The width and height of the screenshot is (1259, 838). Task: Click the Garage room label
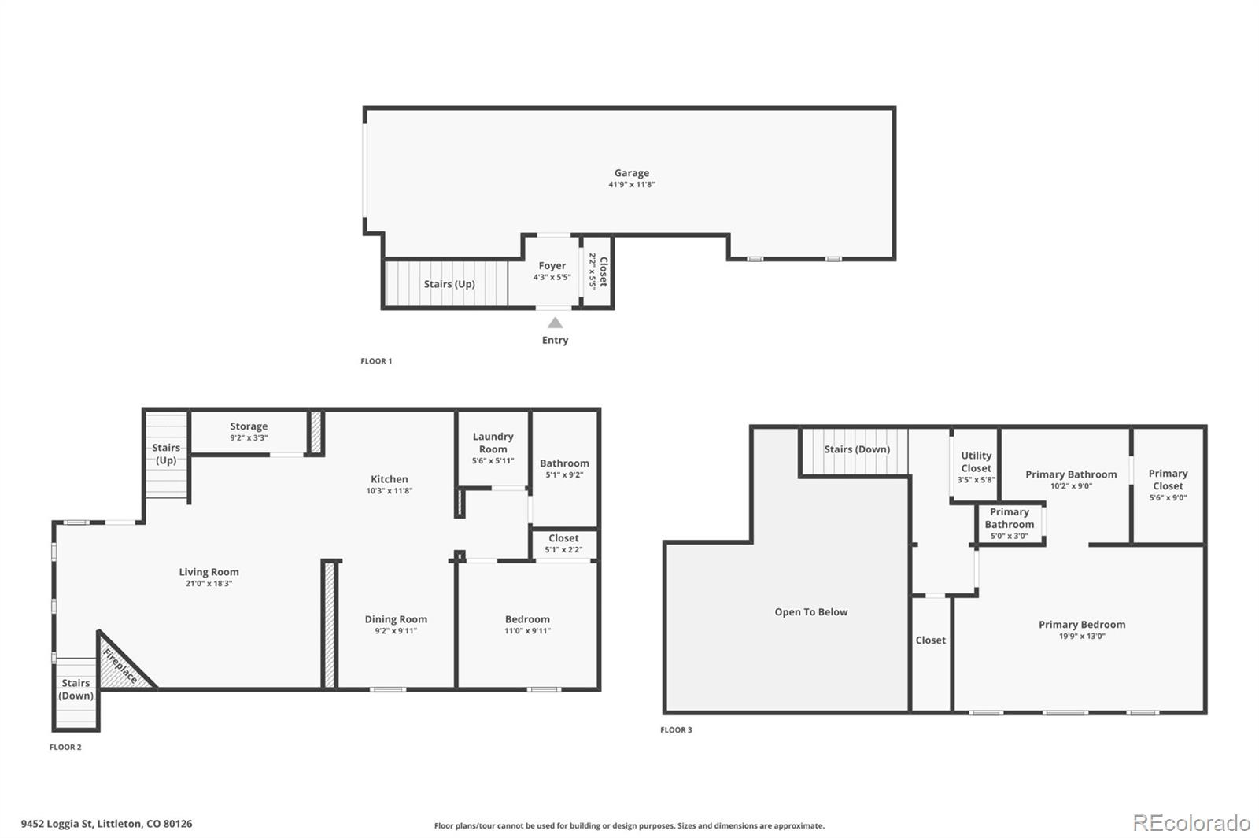coord(632,173)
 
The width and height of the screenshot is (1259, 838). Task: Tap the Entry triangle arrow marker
coord(555,323)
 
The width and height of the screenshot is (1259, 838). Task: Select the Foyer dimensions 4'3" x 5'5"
coord(552,278)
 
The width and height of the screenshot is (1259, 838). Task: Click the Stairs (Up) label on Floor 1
coord(449,284)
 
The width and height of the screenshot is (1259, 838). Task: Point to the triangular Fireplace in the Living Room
coord(120,667)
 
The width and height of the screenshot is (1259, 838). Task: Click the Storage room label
coord(249,426)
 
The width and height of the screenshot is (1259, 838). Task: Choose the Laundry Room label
coord(493,442)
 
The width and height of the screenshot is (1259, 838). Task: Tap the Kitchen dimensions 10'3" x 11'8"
coord(389,491)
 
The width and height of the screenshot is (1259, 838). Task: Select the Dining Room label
coord(396,619)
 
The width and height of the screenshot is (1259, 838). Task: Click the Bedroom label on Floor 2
coord(527,619)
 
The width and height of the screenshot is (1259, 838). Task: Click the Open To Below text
coord(810,612)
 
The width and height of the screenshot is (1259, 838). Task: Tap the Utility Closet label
coord(976,462)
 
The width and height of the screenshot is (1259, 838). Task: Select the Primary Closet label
coord(1168,479)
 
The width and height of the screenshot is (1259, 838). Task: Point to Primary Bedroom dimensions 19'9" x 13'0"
coord(1082,637)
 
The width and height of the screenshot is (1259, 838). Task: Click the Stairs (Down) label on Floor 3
coord(856,449)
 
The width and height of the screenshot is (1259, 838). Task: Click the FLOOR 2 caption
coord(65,747)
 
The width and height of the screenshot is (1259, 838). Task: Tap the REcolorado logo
coord(1191,823)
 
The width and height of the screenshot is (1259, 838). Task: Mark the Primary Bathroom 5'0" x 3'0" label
coord(1009,523)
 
